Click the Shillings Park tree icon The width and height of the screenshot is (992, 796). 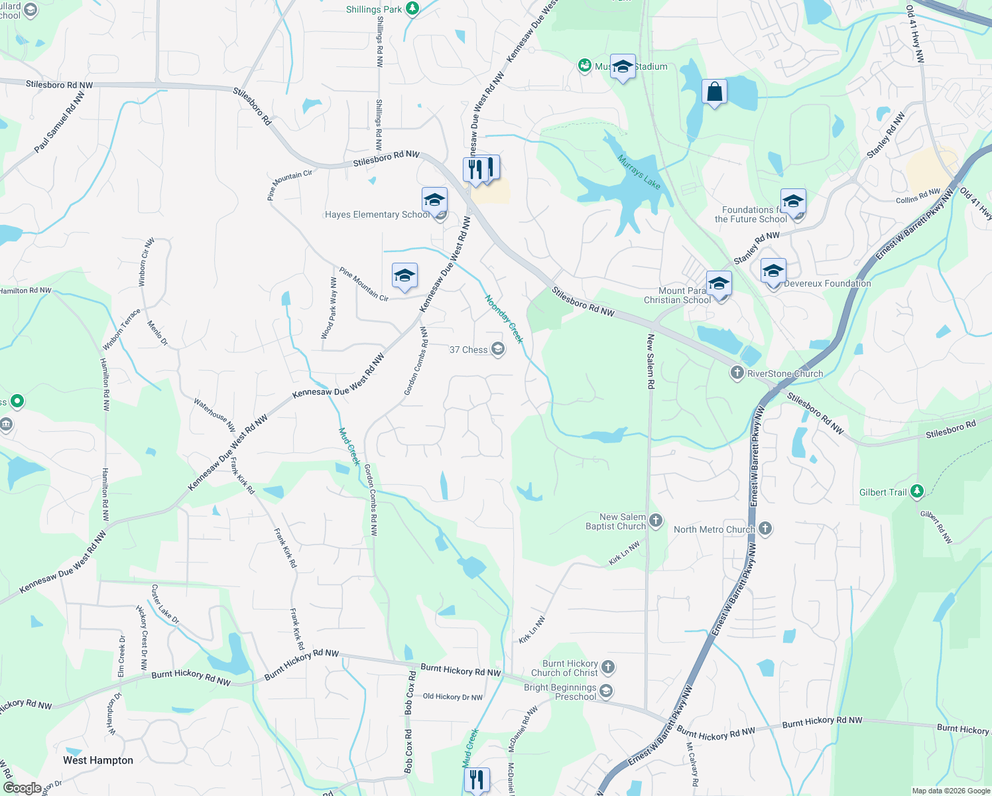[x=412, y=9]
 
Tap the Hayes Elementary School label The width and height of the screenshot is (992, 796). [x=377, y=214]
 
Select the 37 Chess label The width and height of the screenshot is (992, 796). [x=468, y=350]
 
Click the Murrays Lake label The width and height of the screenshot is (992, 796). [x=639, y=172]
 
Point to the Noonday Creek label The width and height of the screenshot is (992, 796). [x=504, y=319]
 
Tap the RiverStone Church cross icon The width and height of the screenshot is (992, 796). [x=737, y=373]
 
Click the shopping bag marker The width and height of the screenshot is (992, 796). [x=714, y=93]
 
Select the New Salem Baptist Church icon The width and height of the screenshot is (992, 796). [x=656, y=520]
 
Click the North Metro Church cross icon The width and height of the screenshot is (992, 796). [x=765, y=529]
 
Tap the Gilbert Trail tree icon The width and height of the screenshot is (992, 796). [x=917, y=492]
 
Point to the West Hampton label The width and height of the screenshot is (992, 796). [x=98, y=760]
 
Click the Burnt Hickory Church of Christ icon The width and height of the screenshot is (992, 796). [x=608, y=667]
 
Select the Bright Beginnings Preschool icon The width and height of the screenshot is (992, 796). [x=605, y=691]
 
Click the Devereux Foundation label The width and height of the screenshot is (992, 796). [x=828, y=283]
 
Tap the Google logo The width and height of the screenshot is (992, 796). [x=22, y=787]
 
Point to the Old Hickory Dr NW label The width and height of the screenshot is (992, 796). [x=453, y=696]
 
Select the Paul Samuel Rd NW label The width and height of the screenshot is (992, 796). [x=60, y=122]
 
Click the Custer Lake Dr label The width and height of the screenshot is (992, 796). [x=164, y=604]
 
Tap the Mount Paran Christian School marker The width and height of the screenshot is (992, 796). [x=719, y=285]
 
